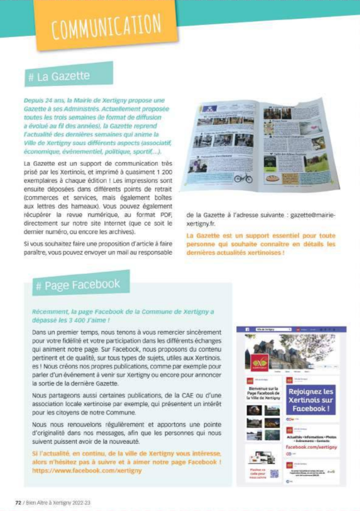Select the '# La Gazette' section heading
pyautogui.click(x=59, y=77)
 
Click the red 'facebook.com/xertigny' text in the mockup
pyautogui.click(x=311, y=446)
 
